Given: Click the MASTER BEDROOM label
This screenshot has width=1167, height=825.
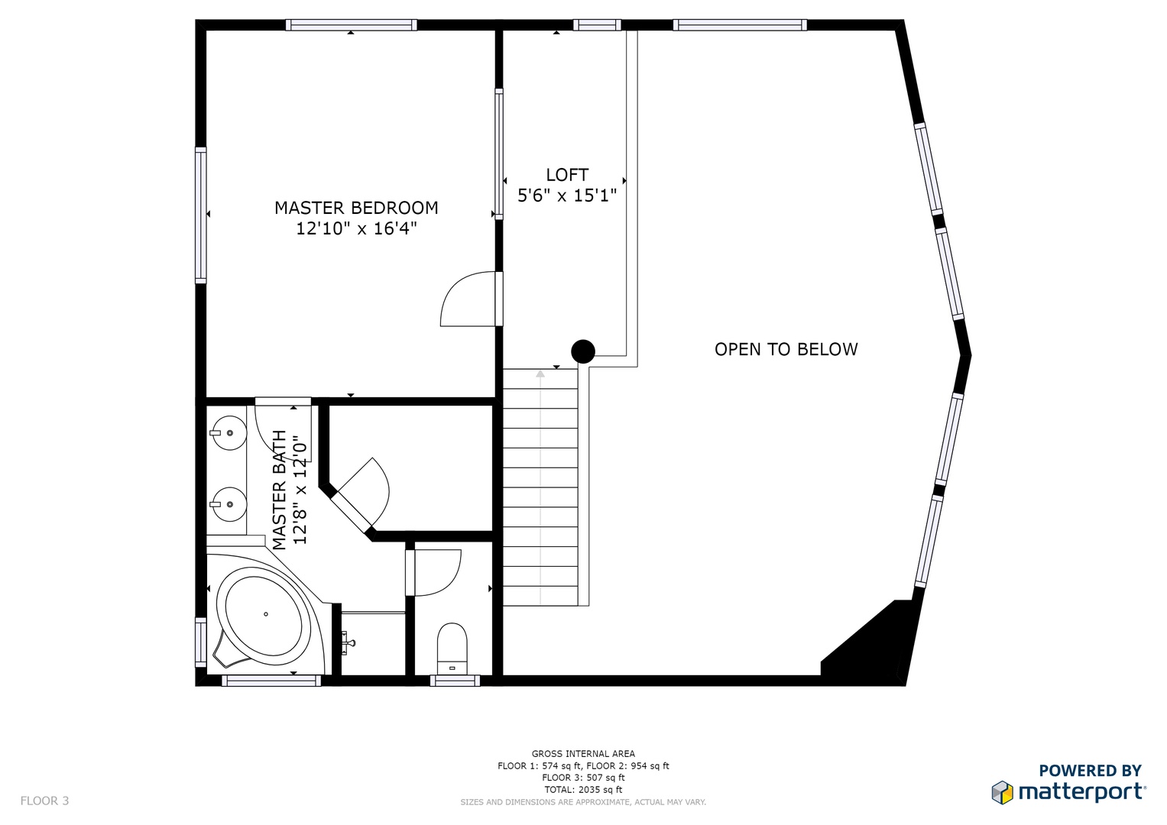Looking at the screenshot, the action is coord(356,208).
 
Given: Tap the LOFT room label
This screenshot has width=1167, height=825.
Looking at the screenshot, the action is coord(567,174).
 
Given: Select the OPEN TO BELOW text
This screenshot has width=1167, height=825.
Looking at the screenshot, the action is coord(786,349).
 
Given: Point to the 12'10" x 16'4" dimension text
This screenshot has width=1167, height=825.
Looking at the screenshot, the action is coord(356,228).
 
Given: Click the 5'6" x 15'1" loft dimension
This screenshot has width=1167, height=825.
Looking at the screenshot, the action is coord(567,196).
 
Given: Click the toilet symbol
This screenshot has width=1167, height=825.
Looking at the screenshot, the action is coord(452,649).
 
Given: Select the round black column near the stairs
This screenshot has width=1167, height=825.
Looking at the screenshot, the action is coord(583,351).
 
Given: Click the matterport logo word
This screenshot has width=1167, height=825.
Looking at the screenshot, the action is coord(1082,792).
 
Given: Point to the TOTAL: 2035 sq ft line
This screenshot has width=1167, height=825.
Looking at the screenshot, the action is coord(583,790).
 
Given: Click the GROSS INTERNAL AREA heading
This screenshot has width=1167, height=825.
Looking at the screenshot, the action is coord(583,754).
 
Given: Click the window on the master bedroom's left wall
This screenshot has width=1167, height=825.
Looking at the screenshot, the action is coord(200,215).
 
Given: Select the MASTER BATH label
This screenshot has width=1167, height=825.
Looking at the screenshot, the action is coord(280,490).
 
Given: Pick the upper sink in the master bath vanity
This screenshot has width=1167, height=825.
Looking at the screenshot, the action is coord(228,433).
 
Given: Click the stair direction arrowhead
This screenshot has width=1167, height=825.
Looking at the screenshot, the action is coord(540,374).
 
